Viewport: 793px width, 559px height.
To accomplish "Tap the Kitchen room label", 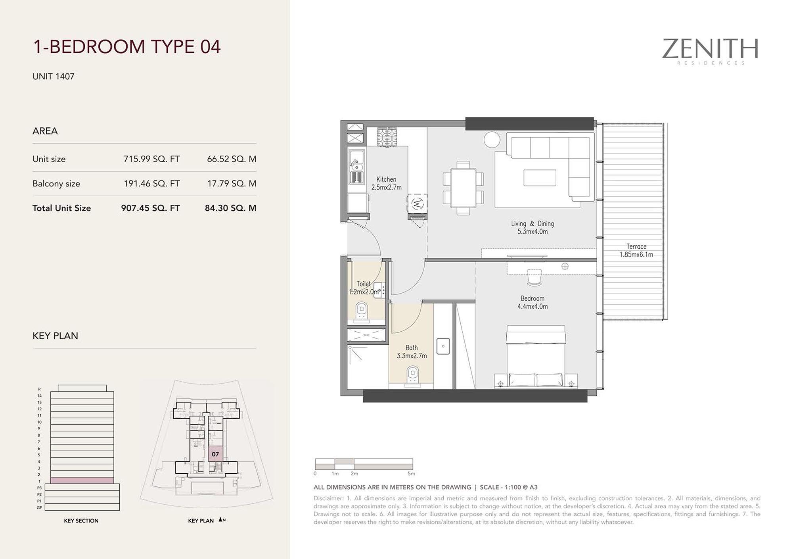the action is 386,179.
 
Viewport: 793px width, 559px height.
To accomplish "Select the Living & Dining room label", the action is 532,224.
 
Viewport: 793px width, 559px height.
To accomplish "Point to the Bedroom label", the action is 532,298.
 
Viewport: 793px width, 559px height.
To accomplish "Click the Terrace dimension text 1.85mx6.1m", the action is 636,255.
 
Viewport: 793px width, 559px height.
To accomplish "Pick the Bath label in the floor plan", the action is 412,348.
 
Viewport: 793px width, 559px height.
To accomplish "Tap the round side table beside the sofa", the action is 492,139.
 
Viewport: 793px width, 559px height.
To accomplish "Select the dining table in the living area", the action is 463,188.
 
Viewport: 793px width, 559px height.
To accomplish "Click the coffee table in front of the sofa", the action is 540,178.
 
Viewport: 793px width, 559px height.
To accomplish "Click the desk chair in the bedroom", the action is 534,277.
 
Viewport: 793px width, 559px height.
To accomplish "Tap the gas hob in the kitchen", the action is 387,137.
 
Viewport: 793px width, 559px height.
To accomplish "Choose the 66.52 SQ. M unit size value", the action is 232,159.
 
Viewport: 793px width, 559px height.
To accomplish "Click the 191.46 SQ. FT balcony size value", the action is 152,184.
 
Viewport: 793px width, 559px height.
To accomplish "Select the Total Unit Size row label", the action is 61,208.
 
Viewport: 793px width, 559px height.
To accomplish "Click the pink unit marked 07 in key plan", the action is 215,454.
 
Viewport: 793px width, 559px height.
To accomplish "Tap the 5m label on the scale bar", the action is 411,474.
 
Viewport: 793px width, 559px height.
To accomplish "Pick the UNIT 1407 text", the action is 54,77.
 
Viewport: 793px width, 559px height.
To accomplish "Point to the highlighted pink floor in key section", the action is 82,480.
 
